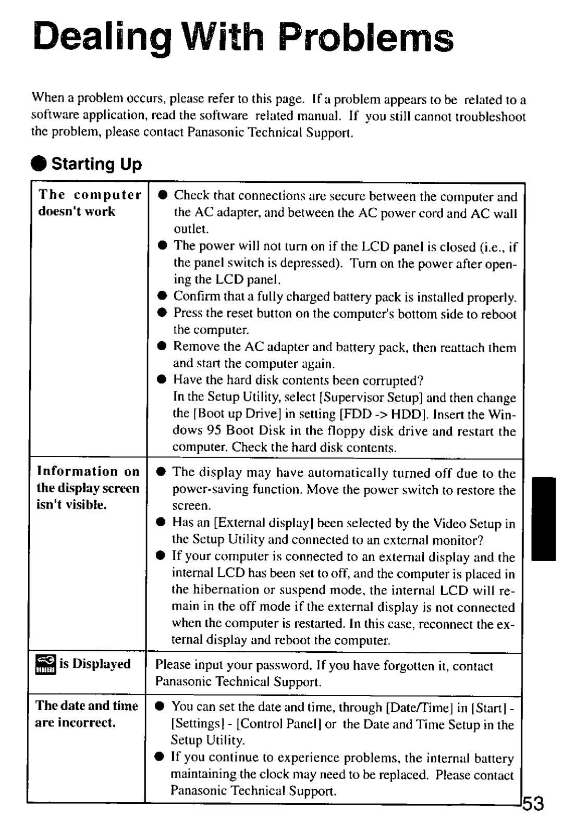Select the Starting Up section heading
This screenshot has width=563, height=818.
tap(97, 164)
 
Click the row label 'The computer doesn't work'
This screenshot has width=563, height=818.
tap(89, 203)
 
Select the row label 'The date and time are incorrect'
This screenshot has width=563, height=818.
tap(87, 714)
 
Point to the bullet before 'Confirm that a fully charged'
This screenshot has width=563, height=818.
tap(162, 297)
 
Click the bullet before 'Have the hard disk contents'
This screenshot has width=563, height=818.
tap(162, 380)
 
